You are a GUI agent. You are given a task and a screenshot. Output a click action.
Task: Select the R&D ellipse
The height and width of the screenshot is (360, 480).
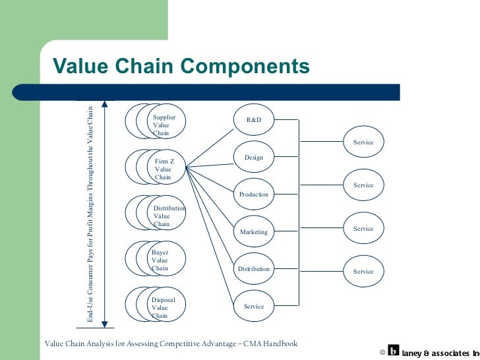click(x=254, y=120)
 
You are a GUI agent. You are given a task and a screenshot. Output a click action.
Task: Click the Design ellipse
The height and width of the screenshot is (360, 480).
click(x=254, y=158)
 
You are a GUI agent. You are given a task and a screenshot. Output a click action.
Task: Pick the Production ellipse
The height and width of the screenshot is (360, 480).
click(x=254, y=195)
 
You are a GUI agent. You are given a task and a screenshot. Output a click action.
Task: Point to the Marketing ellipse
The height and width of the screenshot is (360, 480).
click(x=254, y=232)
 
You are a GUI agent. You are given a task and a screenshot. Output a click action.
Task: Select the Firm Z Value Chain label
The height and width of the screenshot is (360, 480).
click(x=164, y=169)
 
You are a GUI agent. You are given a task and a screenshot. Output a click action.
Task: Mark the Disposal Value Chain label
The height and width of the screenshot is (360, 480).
click(x=162, y=307)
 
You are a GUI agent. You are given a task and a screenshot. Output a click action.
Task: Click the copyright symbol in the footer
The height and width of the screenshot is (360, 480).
click(x=382, y=352)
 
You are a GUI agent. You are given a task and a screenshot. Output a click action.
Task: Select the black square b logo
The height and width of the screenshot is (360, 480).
click(x=394, y=351)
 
